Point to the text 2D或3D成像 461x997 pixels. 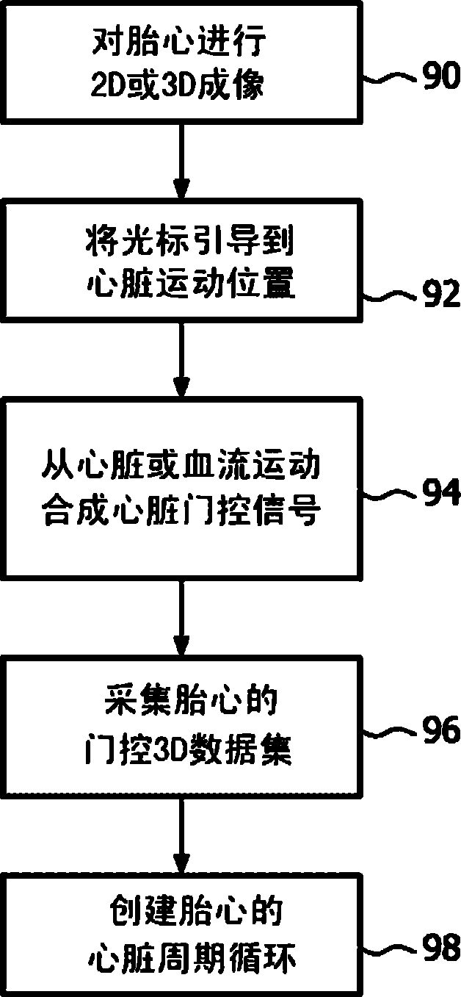tap(179, 87)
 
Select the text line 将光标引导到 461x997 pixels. tap(179, 242)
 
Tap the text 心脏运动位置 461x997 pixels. tap(179, 284)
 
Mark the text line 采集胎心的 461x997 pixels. tap(179, 706)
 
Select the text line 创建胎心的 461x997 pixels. tap(179, 914)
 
